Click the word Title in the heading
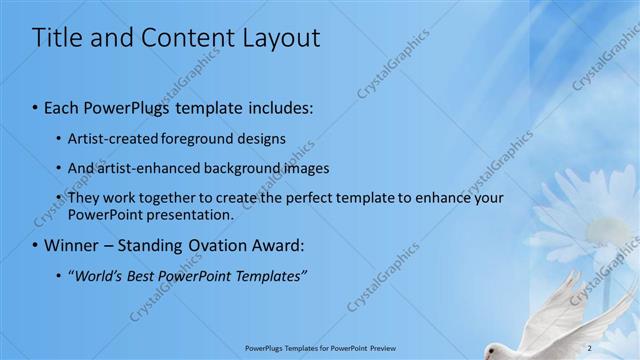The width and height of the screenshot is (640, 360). [59, 38]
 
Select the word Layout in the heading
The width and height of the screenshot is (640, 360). [282, 38]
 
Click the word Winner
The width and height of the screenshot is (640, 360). [76, 245]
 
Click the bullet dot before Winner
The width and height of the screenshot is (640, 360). [36, 246]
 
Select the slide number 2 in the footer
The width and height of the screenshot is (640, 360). [590, 347]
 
